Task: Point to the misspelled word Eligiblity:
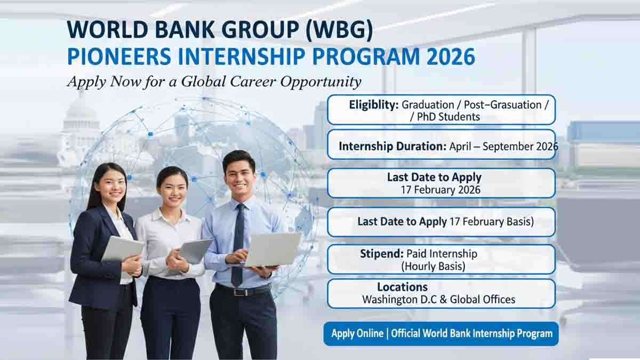pyautogui.click(x=373, y=105)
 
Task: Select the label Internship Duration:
pyautogui.click(x=392, y=146)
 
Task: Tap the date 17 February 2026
pyautogui.click(x=441, y=190)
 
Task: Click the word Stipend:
pyautogui.click(x=381, y=253)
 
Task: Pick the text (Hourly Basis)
pyautogui.click(x=433, y=266)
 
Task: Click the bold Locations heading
pyautogui.click(x=402, y=287)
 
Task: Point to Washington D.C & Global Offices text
pyautogui.click(x=438, y=300)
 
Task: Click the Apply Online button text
pyautogui.click(x=357, y=334)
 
